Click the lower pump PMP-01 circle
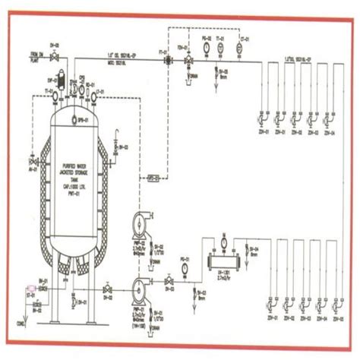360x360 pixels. tap(139, 286)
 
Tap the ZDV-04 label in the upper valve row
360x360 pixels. tap(328, 132)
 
